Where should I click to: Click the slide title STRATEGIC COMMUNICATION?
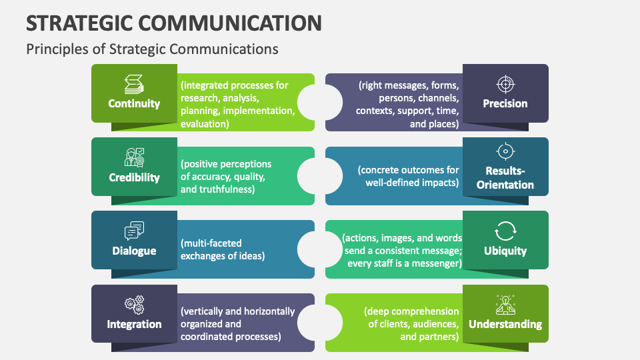click(173, 23)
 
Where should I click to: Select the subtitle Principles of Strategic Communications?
click(151, 49)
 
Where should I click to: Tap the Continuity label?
click(134, 103)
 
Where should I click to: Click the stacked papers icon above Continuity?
click(134, 84)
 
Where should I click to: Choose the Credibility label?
click(134, 177)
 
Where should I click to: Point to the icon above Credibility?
click(134, 158)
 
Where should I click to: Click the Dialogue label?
click(134, 251)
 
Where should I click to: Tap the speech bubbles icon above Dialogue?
click(134, 231)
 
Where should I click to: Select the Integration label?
click(134, 324)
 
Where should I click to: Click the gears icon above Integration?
click(134, 305)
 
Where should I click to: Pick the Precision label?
click(505, 103)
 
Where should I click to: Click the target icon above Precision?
click(505, 84)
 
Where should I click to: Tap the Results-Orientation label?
click(505, 178)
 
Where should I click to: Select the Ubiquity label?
click(505, 251)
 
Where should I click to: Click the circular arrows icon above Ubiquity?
click(505, 231)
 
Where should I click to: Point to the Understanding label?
click(505, 324)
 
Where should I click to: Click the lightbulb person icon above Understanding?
click(505, 305)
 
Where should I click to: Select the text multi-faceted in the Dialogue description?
click(211, 244)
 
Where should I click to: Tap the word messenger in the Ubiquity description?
click(433, 263)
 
